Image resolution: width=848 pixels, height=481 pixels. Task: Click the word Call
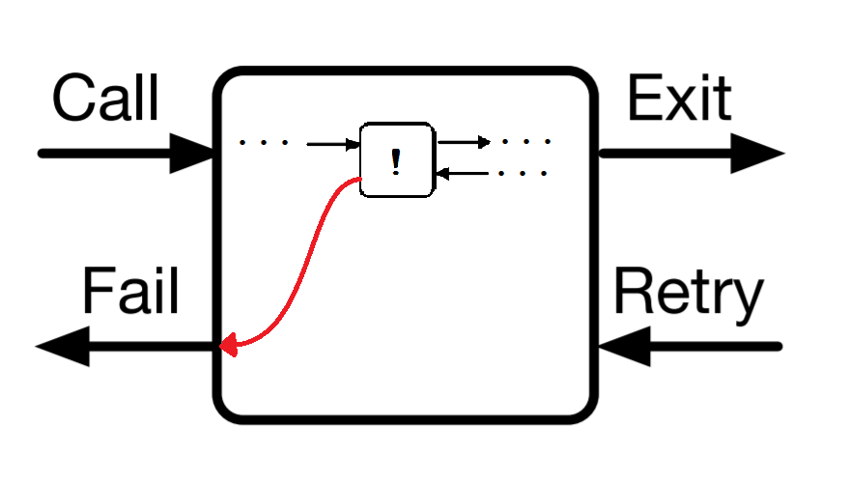coord(105,99)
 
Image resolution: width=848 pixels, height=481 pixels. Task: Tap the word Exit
coord(679,99)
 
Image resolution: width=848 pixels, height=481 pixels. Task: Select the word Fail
coord(131,291)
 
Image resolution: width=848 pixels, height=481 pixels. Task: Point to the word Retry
coord(689,295)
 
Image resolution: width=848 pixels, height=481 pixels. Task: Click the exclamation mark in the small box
coord(395,161)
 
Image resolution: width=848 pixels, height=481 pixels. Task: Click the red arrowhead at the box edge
coord(229,344)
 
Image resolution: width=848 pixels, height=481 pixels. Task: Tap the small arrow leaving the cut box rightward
coord(465,142)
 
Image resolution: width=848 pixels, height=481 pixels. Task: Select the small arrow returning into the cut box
coord(464,174)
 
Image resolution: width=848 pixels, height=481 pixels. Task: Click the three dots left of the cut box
coord(264,144)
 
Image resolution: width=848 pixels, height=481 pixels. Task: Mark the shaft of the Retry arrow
coord(715,346)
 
